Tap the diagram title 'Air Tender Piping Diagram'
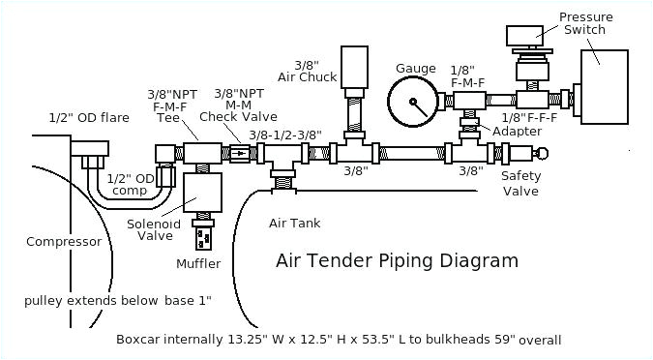397,260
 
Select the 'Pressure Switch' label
583,22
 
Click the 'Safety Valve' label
520,183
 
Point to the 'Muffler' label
198,263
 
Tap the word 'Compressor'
64,242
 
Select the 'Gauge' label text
416,68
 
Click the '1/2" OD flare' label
89,118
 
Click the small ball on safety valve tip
542,153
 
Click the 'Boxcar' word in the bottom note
141,340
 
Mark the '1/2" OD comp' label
131,184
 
